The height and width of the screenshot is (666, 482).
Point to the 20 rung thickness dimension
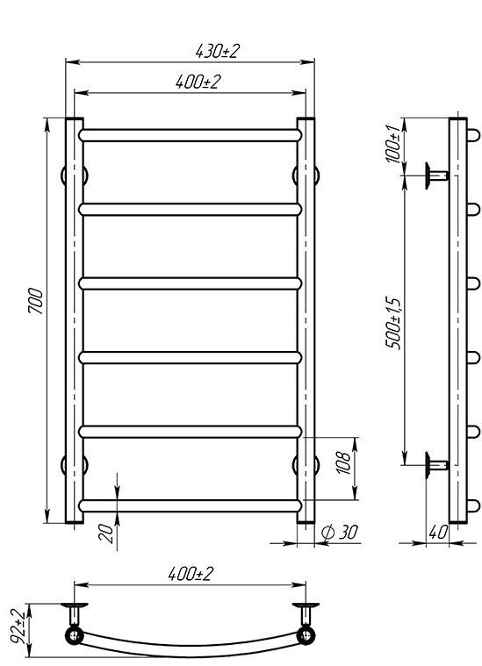coord(106,534)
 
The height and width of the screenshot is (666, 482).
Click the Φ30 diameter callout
coord(340,533)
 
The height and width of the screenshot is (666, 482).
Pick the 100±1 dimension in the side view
coord(392,142)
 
